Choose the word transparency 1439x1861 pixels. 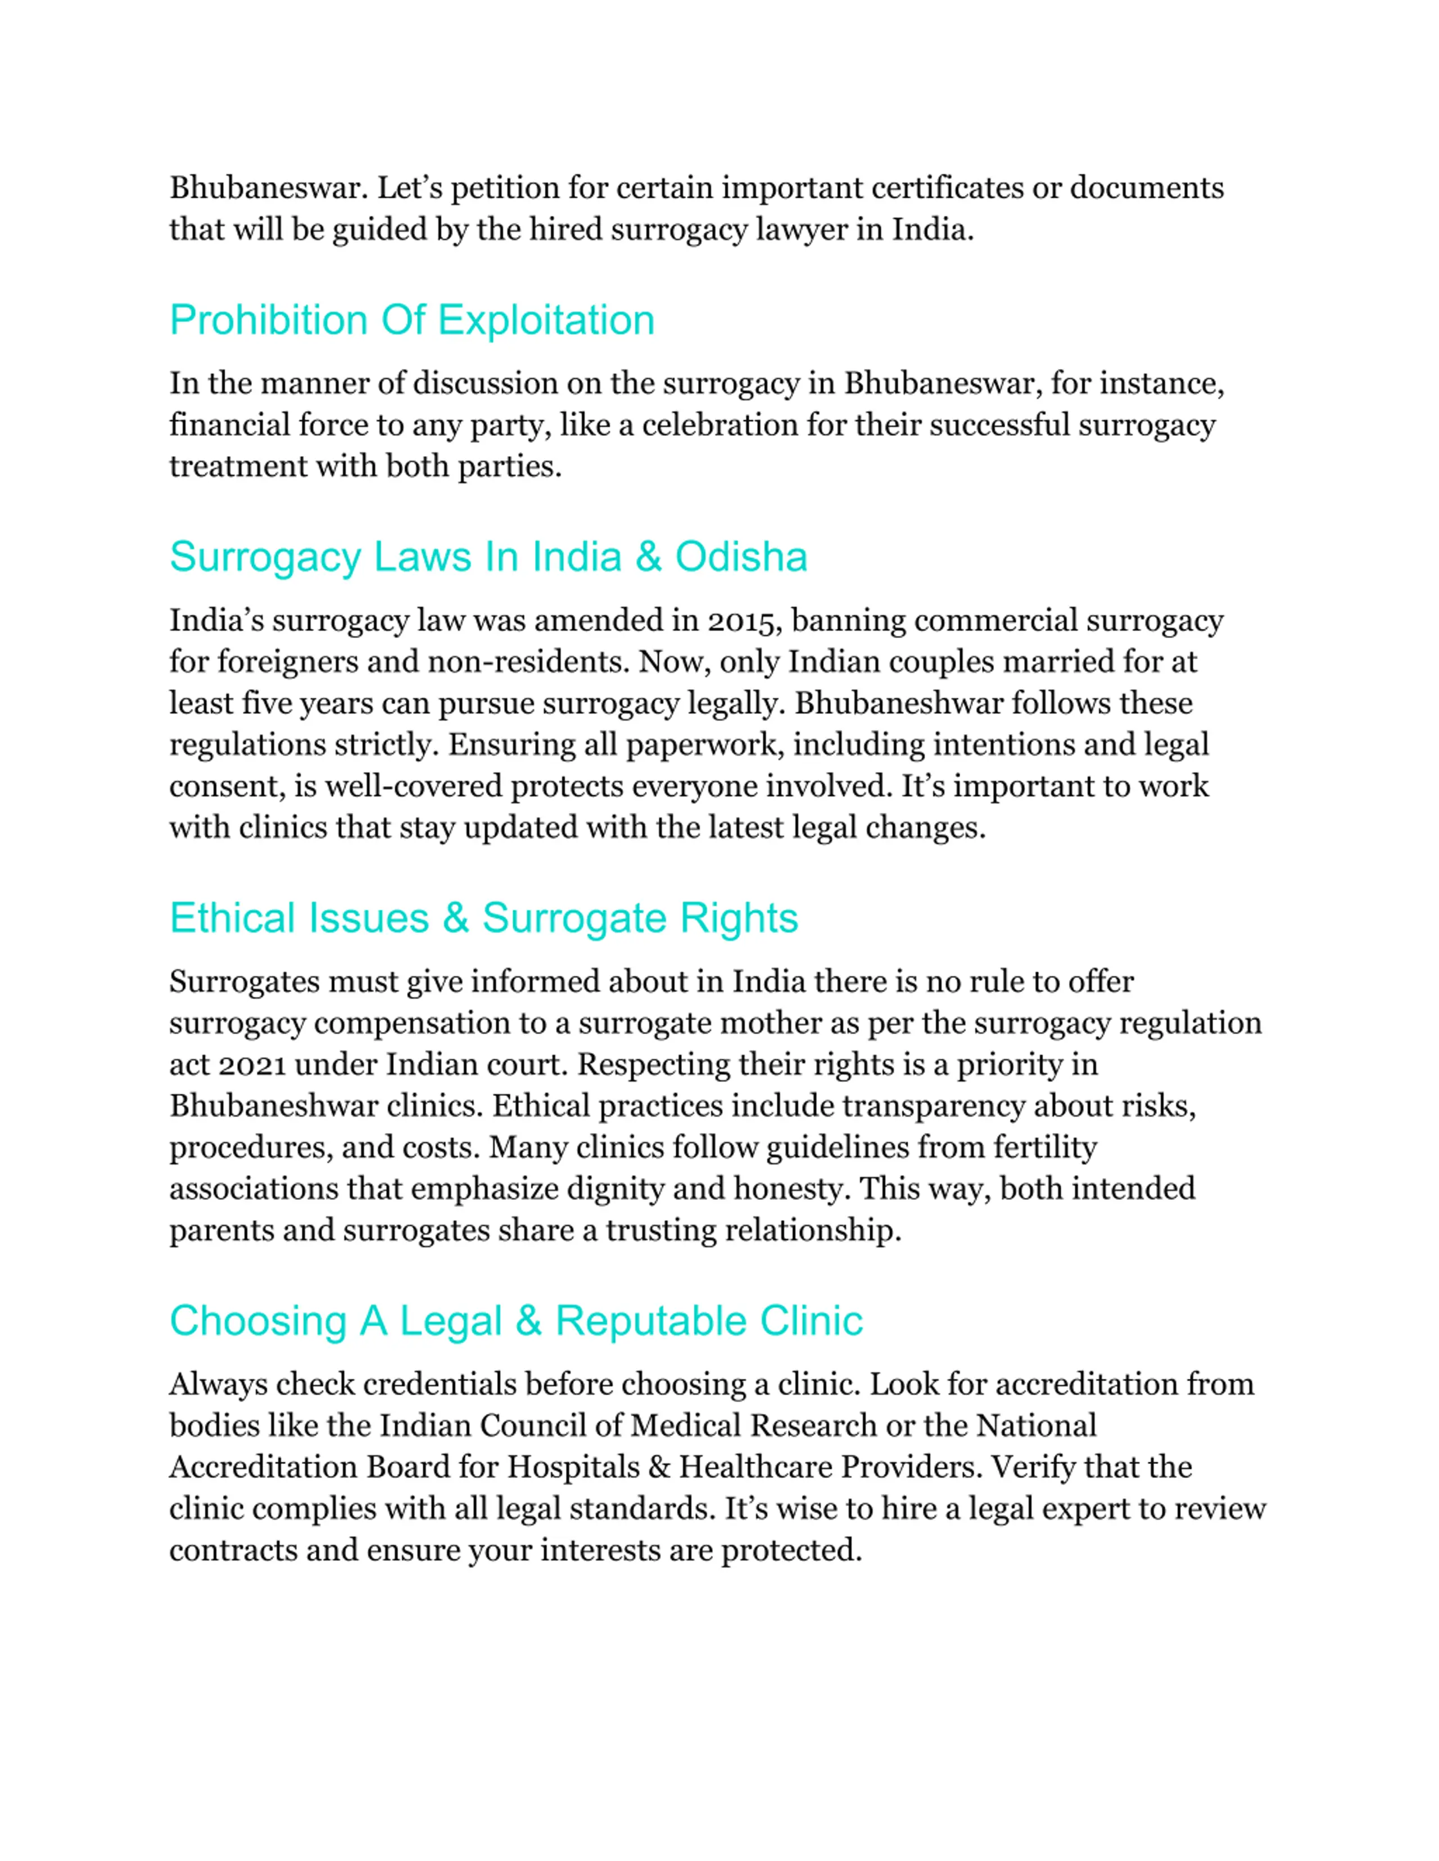click(934, 1106)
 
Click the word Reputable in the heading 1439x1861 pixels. click(652, 1322)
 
